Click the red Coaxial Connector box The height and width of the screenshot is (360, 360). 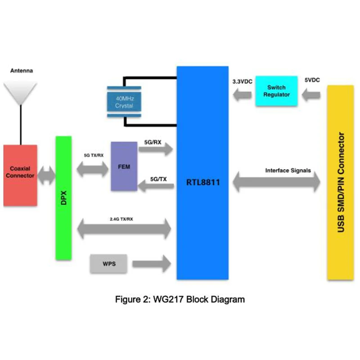[20, 175]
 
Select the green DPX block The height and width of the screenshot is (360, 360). [63, 198]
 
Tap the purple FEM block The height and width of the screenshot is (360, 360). [124, 166]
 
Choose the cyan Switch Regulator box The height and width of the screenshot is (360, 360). [277, 91]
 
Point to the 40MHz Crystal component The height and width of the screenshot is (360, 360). [123, 102]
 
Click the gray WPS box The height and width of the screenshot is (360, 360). [108, 264]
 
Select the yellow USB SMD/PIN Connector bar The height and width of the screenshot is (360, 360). [340, 182]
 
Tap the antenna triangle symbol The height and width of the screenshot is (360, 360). [20, 92]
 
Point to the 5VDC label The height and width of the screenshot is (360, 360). [312, 80]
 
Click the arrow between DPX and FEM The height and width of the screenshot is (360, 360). [94, 170]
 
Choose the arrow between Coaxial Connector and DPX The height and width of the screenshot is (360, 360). [46, 175]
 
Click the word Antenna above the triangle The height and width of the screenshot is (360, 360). [21, 71]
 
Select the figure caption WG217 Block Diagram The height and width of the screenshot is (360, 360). [180, 299]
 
